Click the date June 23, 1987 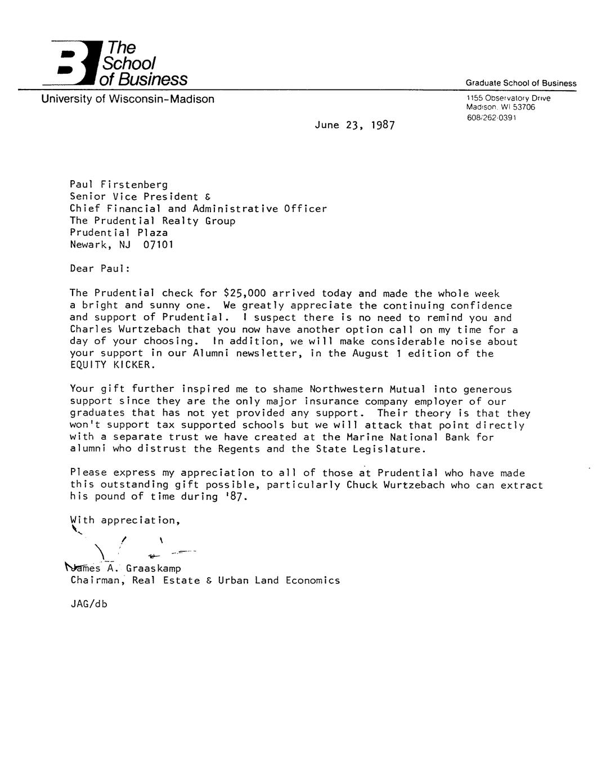coord(354,125)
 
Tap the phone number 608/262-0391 coord(491,118)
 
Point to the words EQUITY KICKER coord(111,365)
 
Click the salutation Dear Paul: coord(100,269)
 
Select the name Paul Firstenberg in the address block coord(119,185)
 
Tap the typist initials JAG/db coord(88,604)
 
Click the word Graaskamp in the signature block coord(154,569)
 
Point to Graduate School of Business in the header coord(520,83)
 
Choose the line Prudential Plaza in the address coord(119,233)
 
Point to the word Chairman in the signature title coord(95,580)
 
